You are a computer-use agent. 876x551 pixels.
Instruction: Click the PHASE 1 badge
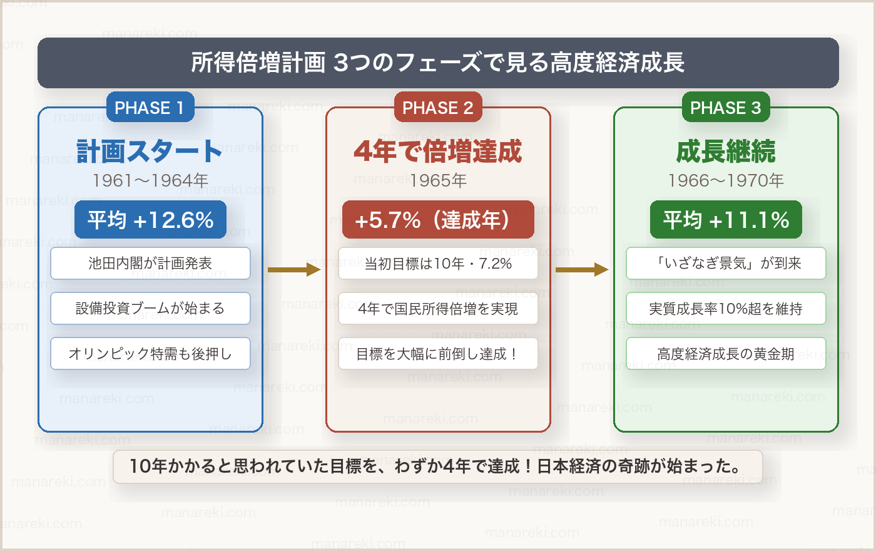tap(150, 108)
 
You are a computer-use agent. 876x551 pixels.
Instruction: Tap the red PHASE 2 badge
tap(437, 108)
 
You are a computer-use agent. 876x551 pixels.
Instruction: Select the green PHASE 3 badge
tap(725, 108)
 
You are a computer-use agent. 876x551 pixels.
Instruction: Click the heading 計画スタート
tap(150, 151)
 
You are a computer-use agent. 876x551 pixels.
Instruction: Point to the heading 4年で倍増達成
tap(437, 151)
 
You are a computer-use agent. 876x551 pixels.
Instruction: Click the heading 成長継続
tap(726, 151)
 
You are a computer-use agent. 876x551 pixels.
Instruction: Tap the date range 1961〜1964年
tap(150, 180)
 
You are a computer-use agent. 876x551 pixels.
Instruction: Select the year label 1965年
tap(438, 180)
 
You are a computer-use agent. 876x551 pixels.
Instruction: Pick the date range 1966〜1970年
tap(726, 180)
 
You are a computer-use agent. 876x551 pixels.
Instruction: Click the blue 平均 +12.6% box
tap(150, 220)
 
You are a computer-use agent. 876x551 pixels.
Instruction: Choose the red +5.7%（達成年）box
tap(438, 220)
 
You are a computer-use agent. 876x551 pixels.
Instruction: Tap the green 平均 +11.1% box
tap(726, 220)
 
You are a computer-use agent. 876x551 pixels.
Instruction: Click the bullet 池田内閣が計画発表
tap(150, 264)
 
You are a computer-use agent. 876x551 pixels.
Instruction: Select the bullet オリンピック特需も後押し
tap(150, 354)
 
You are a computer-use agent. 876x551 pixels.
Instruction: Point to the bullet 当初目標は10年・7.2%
tap(438, 264)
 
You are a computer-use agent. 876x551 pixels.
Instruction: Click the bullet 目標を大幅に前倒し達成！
tap(438, 354)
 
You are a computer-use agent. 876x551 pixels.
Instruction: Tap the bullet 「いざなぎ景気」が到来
tap(726, 264)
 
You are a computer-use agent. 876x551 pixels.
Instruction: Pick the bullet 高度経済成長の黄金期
tap(726, 354)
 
